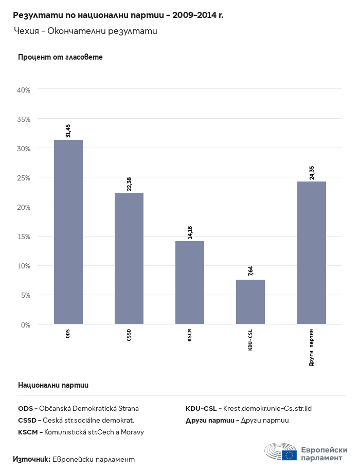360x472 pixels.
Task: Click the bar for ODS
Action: [x=68, y=232]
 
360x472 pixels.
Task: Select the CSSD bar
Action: [x=129, y=259]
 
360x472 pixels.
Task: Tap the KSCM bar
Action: [x=190, y=283]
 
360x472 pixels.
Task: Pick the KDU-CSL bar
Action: [x=250, y=302]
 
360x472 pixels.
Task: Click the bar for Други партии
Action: [x=312, y=253]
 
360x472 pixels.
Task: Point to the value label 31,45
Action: [x=68, y=131]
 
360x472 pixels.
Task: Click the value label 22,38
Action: [x=129, y=184]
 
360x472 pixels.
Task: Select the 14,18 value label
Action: [x=190, y=232]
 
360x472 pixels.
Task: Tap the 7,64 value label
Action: [x=250, y=271]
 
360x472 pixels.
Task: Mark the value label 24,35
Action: [x=312, y=172]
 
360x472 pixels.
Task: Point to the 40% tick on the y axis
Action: [x=24, y=90]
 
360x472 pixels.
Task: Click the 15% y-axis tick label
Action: [x=24, y=237]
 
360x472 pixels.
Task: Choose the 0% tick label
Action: [x=26, y=325]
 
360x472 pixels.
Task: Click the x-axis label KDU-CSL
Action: [x=250, y=340]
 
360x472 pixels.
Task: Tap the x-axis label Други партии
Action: [x=312, y=347]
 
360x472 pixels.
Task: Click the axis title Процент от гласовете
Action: [x=60, y=57]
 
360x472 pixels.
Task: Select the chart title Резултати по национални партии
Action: [x=118, y=15]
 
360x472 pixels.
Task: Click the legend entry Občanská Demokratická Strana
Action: [x=78, y=409]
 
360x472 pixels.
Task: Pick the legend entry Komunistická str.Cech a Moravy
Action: [x=81, y=432]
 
